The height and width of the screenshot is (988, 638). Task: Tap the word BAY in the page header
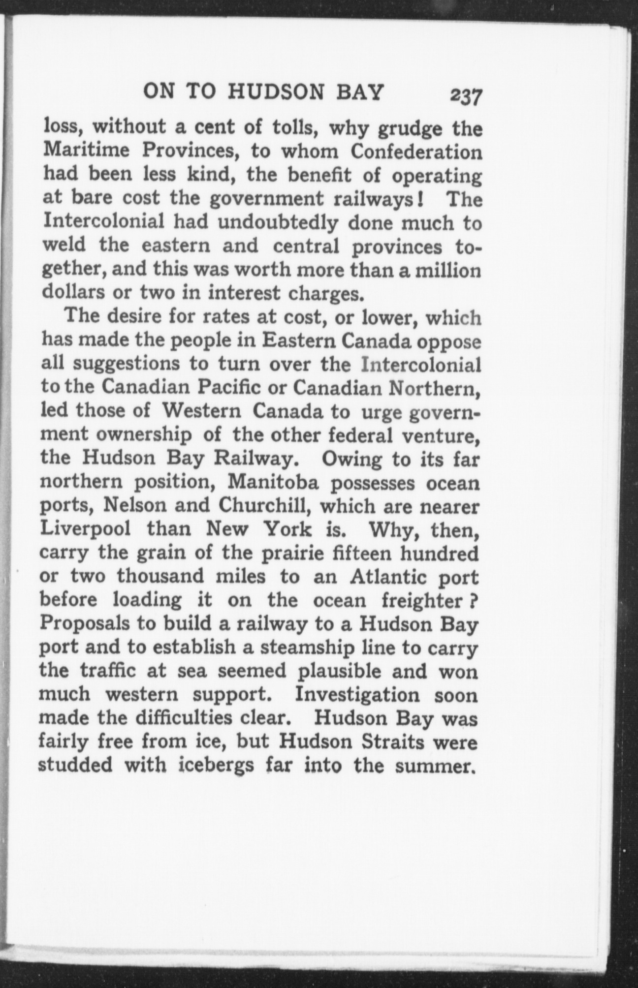[x=359, y=92]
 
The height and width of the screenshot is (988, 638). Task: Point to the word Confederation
[x=415, y=152]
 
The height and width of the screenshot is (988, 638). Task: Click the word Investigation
[x=357, y=695]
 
